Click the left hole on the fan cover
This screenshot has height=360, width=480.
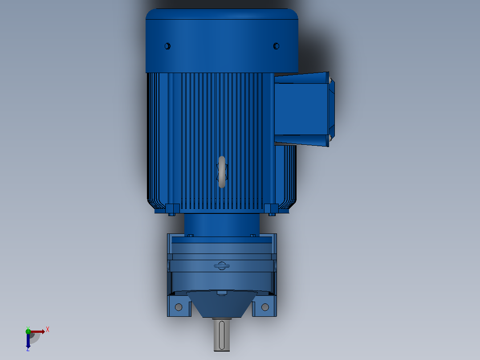tap(167, 46)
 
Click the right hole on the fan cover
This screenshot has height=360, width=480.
tap(276, 46)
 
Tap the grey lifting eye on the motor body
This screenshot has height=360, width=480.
tap(222, 172)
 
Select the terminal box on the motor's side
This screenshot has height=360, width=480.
tap(304, 109)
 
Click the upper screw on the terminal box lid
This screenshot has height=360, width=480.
tap(330, 80)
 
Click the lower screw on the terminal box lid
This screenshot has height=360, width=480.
tap(330, 138)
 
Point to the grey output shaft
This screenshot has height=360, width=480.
tap(222, 335)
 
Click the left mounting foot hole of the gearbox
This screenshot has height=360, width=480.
tap(179, 307)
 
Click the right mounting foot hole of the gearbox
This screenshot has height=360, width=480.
tap(265, 307)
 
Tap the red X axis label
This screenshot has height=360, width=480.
tap(48, 330)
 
